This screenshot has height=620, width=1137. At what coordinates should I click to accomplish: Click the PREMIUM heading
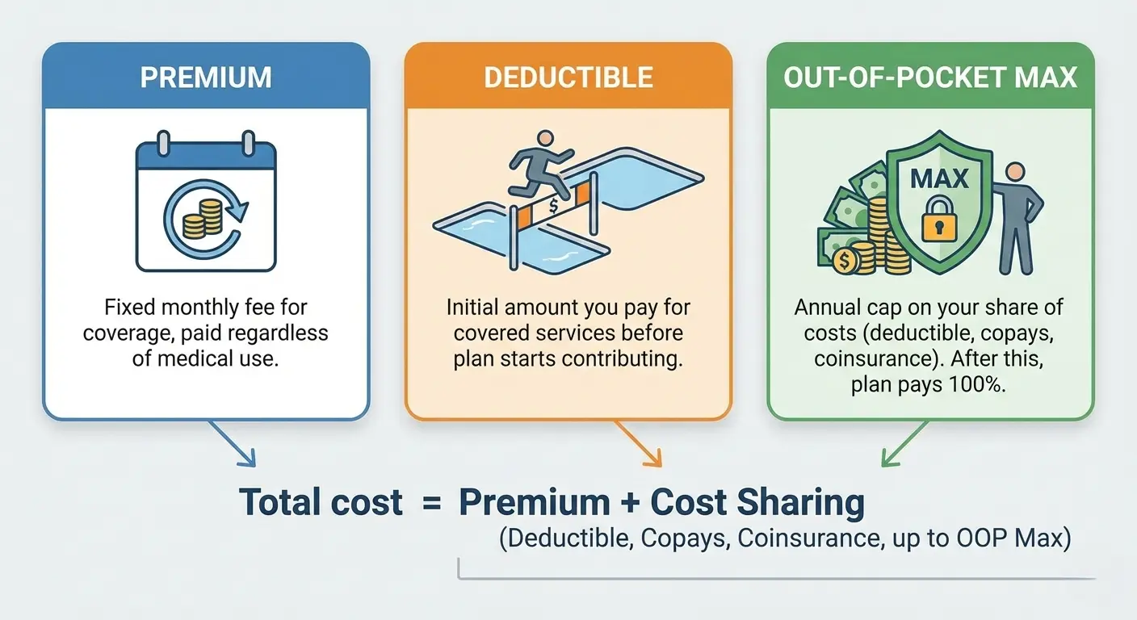(206, 77)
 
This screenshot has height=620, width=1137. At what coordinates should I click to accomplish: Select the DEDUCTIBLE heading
(568, 77)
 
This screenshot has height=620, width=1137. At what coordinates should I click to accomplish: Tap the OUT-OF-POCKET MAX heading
(930, 77)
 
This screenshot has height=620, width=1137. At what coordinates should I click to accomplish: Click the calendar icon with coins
(206, 205)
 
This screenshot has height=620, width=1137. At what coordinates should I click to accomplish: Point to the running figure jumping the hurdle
(538, 170)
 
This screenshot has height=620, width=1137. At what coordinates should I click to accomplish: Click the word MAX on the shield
(940, 178)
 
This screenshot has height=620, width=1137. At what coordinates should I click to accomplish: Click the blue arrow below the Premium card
(235, 445)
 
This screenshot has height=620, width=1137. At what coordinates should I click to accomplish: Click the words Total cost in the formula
(321, 503)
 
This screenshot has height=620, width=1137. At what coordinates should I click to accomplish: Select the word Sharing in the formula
(800, 503)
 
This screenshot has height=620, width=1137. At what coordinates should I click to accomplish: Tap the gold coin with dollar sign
(845, 260)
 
